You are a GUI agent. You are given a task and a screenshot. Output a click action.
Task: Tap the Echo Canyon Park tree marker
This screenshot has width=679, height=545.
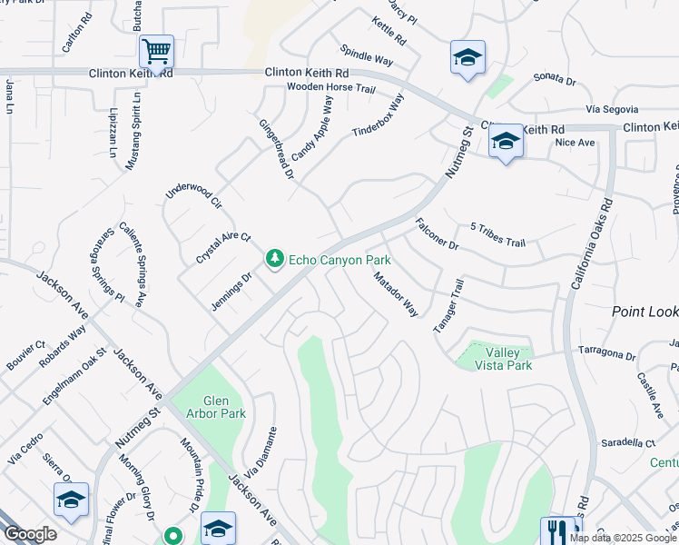click(x=274, y=260)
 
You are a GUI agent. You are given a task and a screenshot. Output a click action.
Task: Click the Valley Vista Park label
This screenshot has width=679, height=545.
click(x=508, y=358)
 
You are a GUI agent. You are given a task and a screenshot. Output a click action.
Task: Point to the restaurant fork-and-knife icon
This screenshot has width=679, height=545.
click(x=557, y=531)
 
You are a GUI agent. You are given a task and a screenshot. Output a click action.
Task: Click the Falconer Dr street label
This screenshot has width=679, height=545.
click(x=437, y=233)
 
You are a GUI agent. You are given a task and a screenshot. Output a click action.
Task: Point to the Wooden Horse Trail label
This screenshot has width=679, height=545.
click(x=330, y=88)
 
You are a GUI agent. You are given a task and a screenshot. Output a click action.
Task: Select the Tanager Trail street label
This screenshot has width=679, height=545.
click(x=448, y=305)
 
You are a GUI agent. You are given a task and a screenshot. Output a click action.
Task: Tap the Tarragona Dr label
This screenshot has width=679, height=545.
click(x=605, y=354)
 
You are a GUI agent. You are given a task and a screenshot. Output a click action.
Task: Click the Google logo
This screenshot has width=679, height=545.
click(x=29, y=534)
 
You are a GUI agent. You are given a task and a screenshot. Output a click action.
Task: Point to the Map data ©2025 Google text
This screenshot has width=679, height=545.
click(x=623, y=538)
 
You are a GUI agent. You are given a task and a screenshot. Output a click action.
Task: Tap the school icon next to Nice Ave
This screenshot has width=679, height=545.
click(x=506, y=141)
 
